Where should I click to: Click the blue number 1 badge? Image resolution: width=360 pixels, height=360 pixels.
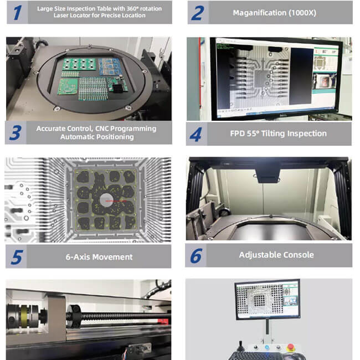pyautogui.click(x=18, y=12)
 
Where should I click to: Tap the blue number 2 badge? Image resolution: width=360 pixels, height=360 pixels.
pyautogui.click(x=198, y=13)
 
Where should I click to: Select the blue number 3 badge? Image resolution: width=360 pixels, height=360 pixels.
pyautogui.click(x=16, y=133)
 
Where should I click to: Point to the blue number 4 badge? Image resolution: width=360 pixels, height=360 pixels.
pyautogui.click(x=196, y=134)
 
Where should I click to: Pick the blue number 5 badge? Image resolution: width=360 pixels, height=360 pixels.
pyautogui.click(x=16, y=256)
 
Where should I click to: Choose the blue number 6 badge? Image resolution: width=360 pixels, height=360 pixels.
pyautogui.click(x=196, y=255)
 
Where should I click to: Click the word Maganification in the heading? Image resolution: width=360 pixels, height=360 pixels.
pyautogui.click(x=259, y=13)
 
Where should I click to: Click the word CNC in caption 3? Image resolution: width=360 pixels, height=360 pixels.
pyautogui.click(x=102, y=128)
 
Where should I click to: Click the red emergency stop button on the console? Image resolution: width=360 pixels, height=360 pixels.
pyautogui.click(x=291, y=347)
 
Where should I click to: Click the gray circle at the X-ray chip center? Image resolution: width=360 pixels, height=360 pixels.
pyautogui.click(x=106, y=199)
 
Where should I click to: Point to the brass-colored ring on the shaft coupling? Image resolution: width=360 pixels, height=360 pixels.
pyautogui.click(x=24, y=316)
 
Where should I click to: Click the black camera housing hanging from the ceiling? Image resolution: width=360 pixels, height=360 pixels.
pyautogui.click(x=268, y=173)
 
